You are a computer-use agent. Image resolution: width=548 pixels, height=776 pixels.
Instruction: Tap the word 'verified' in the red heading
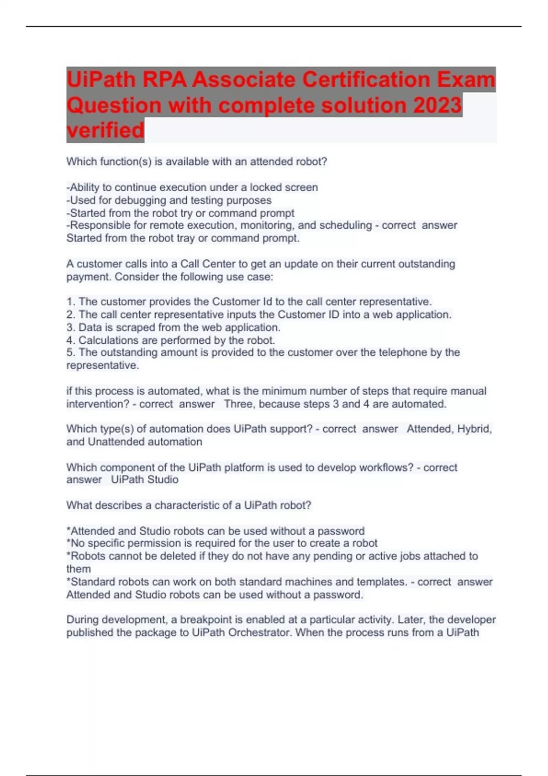tap(105, 130)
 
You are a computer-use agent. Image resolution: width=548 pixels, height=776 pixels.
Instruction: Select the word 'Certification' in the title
tap(365, 80)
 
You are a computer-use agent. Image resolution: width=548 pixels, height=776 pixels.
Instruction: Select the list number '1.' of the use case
tap(71, 302)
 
